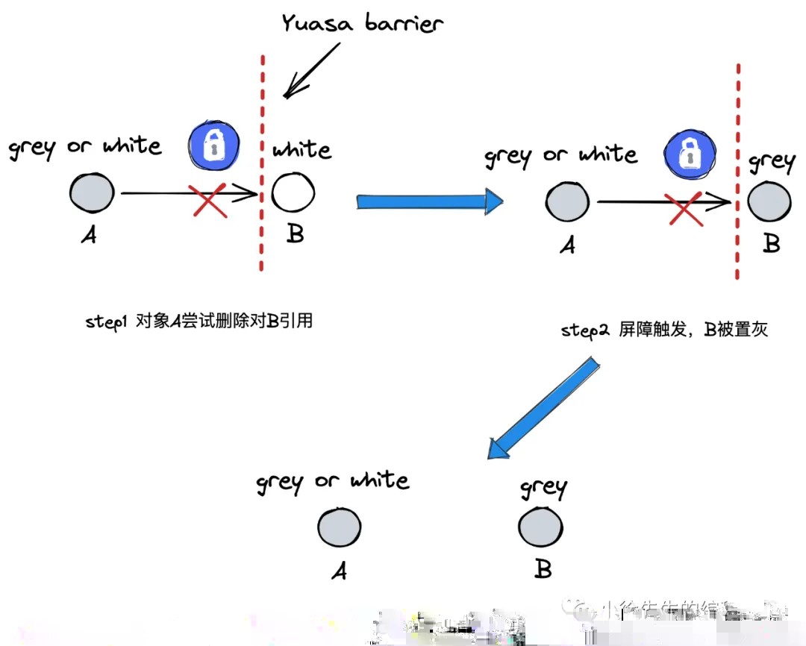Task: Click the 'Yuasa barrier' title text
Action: (x=363, y=23)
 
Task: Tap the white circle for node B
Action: (x=293, y=194)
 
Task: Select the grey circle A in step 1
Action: (x=92, y=193)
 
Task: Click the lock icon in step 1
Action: (x=214, y=145)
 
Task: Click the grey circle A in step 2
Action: (x=567, y=202)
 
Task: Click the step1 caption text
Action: (x=199, y=322)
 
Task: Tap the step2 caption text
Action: (x=664, y=330)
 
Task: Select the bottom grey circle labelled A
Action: (x=339, y=527)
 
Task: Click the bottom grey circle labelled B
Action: (x=540, y=528)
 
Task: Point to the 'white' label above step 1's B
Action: (x=302, y=149)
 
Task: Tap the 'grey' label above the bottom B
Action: (x=543, y=489)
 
